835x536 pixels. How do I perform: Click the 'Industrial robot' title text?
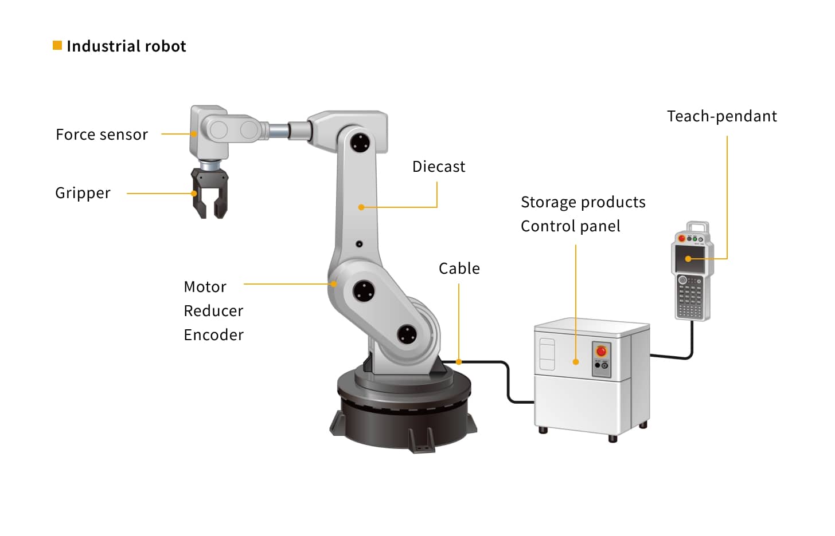pyautogui.click(x=126, y=46)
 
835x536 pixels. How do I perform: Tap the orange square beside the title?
pyautogui.click(x=57, y=45)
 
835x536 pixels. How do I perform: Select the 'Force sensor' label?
pyautogui.click(x=102, y=135)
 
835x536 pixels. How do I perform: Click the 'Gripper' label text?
pyautogui.click(x=83, y=193)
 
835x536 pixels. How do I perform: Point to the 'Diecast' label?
pyautogui.click(x=438, y=167)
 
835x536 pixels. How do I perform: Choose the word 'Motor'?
pyautogui.click(x=205, y=287)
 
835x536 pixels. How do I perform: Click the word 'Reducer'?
pyautogui.click(x=213, y=311)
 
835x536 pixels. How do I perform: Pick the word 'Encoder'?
pyautogui.click(x=213, y=335)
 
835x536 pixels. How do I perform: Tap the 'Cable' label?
pyautogui.click(x=459, y=269)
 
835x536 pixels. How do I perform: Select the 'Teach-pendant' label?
pyautogui.click(x=721, y=116)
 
